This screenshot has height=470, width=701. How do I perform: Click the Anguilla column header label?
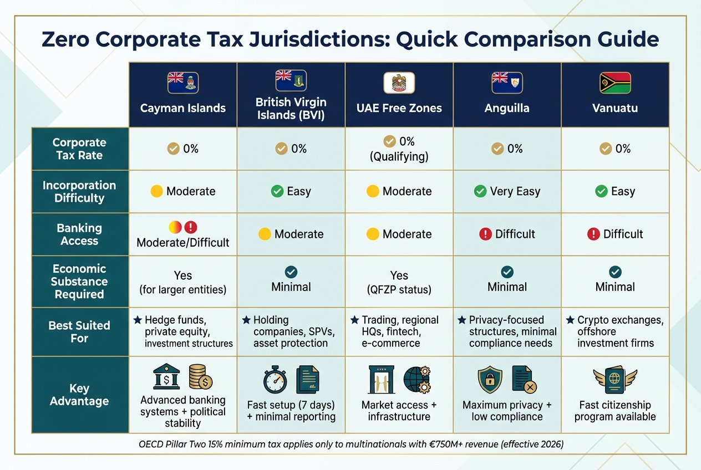[507, 108]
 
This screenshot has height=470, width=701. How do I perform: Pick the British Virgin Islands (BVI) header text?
[291, 109]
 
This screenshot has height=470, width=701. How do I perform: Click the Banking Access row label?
[79, 234]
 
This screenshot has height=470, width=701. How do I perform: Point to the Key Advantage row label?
[79, 395]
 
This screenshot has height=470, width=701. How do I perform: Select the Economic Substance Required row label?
[79, 282]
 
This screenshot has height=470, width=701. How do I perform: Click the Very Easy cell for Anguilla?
[507, 191]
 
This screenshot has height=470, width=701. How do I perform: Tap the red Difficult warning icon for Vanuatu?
[593, 234]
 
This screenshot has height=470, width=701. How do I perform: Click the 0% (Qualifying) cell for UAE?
[399, 149]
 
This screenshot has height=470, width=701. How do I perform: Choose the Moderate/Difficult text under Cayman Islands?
[183, 242]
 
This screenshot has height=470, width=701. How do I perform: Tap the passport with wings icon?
[615, 381]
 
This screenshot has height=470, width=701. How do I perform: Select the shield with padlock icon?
[490, 380]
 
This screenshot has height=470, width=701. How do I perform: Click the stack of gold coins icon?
[201, 377]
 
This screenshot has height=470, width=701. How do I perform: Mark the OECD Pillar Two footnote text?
[350, 444]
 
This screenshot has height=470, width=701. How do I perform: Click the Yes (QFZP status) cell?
[399, 282]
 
